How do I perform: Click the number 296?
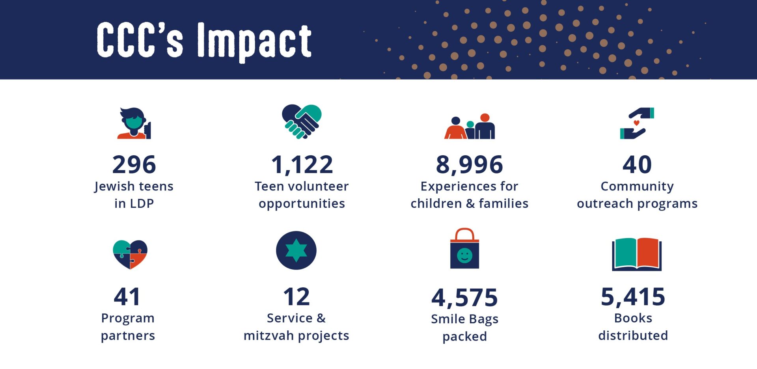[134, 164]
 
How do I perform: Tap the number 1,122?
[302, 165]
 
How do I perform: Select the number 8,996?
[469, 165]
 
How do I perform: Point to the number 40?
[637, 164]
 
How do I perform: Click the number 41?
[127, 296]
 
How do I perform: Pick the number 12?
[296, 296]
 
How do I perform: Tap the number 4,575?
[465, 298]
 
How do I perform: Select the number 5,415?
[633, 297]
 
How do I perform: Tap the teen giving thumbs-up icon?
[134, 123]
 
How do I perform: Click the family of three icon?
[470, 126]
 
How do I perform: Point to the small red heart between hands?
[636, 123]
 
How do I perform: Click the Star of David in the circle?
[296, 250]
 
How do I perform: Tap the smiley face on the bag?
[464, 255]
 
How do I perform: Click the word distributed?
[633, 335]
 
